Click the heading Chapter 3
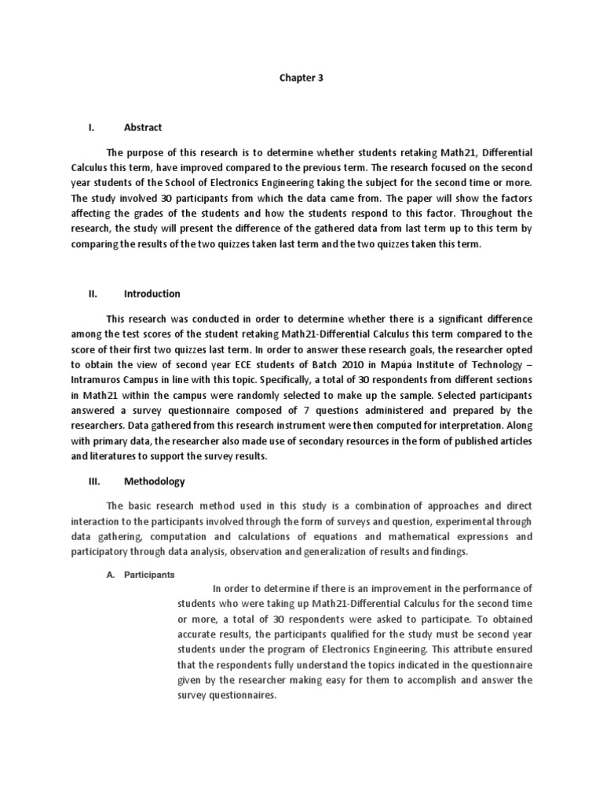[301, 79]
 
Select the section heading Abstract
[143, 127]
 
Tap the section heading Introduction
[152, 294]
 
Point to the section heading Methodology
[154, 482]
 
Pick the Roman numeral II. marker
[93, 294]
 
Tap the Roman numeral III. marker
[93, 482]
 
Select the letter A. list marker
[111, 575]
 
